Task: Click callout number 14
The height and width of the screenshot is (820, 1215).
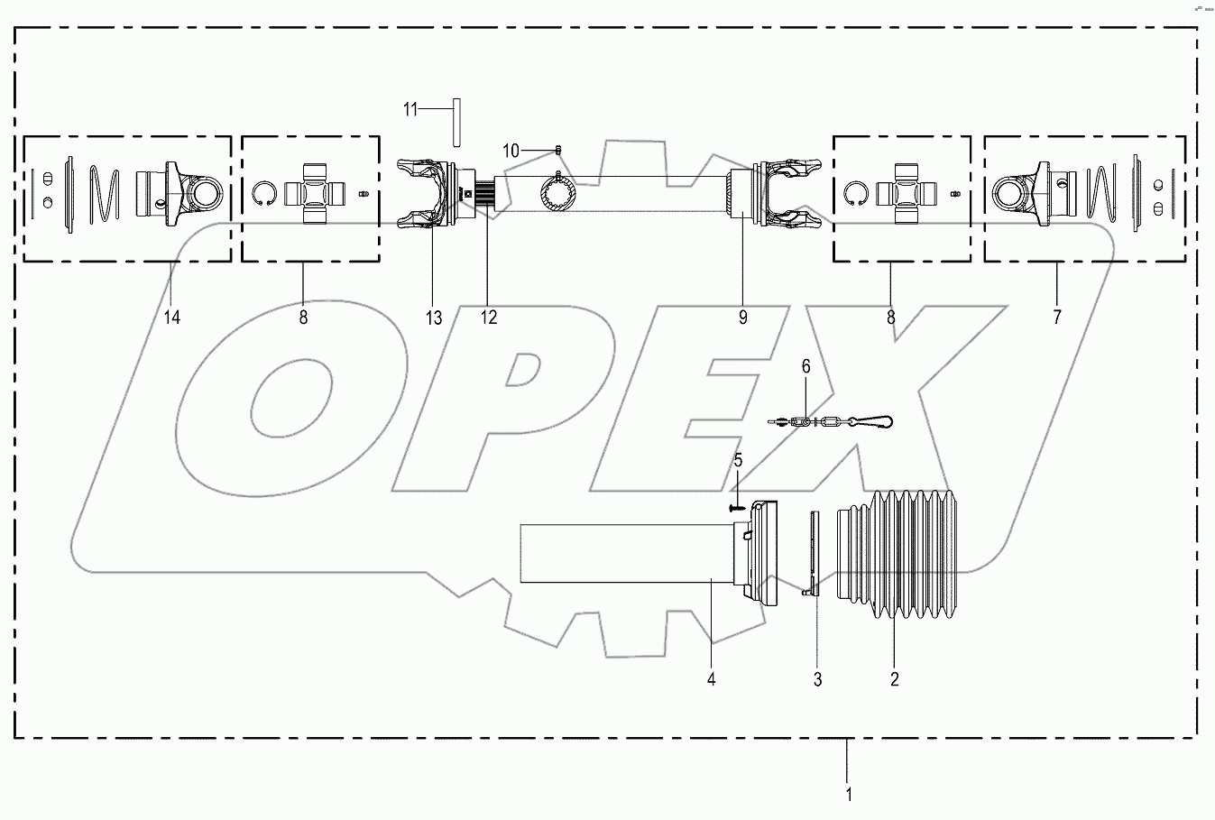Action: point(172,318)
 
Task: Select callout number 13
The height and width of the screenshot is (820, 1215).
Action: point(435,318)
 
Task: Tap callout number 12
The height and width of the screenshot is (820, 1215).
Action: point(488,318)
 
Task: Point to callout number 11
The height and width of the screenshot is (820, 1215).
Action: point(410,109)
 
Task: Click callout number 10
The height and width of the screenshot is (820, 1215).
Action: point(511,151)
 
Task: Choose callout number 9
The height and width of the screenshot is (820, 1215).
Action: point(742,318)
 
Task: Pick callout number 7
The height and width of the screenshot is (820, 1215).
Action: point(1056,318)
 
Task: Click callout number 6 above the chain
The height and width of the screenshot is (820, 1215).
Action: point(805,366)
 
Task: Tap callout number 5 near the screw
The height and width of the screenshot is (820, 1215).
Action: point(738,461)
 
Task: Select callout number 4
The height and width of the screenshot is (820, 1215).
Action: point(711,678)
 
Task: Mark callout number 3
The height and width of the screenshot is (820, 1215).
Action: point(817,680)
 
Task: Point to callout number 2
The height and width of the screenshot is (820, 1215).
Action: point(894,680)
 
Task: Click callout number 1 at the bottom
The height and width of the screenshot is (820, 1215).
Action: point(847,795)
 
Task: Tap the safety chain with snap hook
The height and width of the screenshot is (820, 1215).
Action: point(834,421)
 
